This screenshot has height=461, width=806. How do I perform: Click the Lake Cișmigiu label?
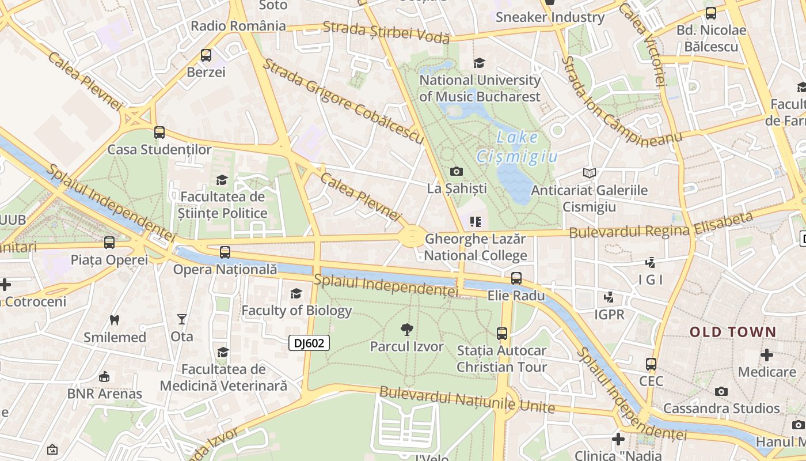[x=517, y=147]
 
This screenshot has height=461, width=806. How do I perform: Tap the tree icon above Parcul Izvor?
[x=407, y=330]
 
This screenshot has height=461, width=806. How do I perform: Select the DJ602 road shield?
[x=309, y=343]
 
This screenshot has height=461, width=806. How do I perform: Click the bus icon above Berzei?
[x=206, y=55]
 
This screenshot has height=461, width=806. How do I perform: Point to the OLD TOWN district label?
[x=733, y=332]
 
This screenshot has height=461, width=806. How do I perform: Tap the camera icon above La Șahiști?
[x=457, y=171]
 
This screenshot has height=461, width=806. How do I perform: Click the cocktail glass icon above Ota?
[x=182, y=319]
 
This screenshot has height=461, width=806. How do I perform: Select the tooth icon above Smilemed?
[x=115, y=320]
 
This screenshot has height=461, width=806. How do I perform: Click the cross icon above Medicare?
[x=767, y=355]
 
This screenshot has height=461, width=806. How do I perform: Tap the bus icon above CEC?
[x=651, y=364]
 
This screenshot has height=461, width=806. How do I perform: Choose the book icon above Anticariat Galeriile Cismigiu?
[x=589, y=173]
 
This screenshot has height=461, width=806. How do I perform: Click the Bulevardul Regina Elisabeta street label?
[x=661, y=225]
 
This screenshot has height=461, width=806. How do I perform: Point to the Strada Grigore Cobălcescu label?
[x=343, y=101]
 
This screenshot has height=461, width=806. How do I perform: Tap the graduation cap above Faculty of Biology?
[x=296, y=294]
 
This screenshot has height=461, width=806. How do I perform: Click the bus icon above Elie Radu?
[x=516, y=278]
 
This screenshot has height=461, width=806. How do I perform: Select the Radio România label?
[x=238, y=26]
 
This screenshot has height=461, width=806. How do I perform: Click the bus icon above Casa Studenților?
[x=159, y=133]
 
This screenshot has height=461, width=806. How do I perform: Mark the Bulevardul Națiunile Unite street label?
[x=467, y=400]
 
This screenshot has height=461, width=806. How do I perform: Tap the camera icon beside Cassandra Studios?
[x=721, y=392]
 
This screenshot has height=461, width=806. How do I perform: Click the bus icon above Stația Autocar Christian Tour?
[x=502, y=333]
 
